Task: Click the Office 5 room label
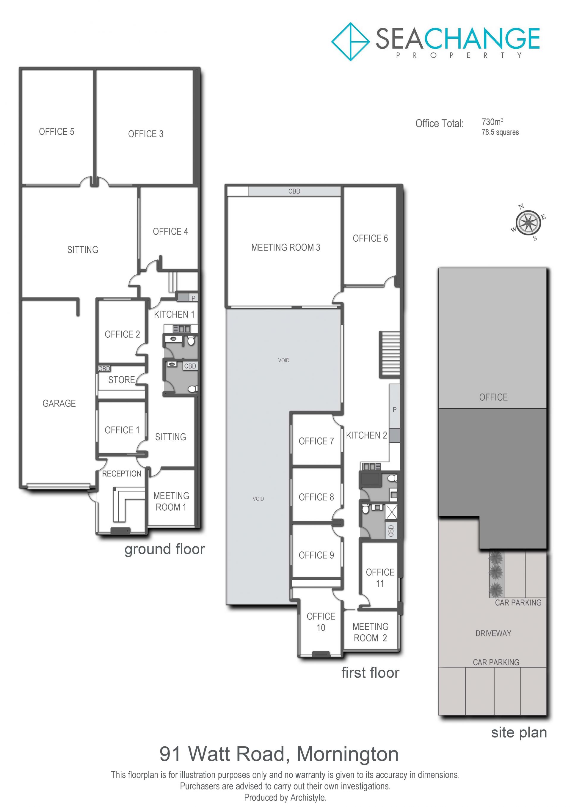[x=57, y=132]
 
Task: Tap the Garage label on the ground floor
[x=59, y=404]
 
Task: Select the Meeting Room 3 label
[x=285, y=247]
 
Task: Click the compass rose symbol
[x=528, y=222]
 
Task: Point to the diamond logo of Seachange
[x=350, y=42]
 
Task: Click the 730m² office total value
[x=492, y=122]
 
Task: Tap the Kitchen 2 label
[x=366, y=435]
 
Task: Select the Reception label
[x=122, y=474]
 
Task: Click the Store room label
[x=122, y=380]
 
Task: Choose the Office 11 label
[x=380, y=578]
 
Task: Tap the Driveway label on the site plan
[x=493, y=633]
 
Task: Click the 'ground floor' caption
[x=164, y=549]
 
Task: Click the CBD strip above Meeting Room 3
[x=294, y=191]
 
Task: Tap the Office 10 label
[x=321, y=622]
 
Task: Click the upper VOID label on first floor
[x=284, y=360]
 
